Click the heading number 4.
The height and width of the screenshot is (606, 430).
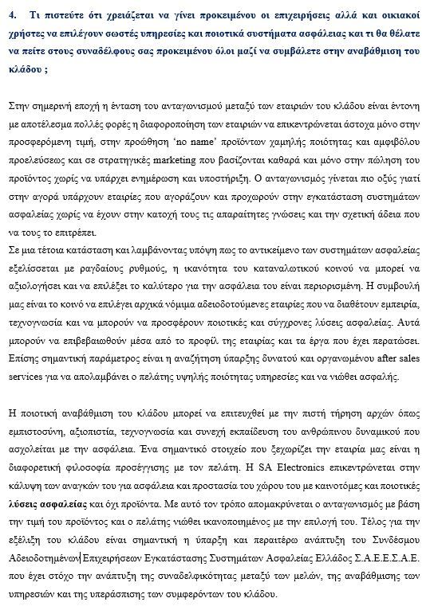(11, 14)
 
